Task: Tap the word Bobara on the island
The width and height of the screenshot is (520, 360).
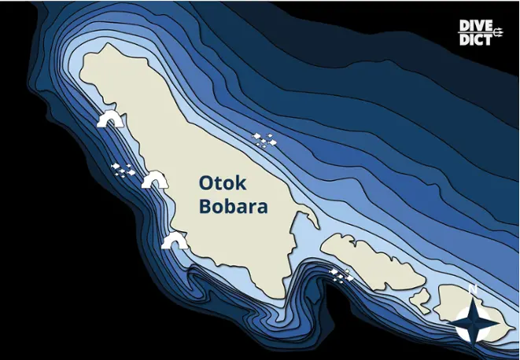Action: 233,208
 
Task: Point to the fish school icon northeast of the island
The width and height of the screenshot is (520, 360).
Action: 266,140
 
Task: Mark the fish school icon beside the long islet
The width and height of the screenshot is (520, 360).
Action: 340,274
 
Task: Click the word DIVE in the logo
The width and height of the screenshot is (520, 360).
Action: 476,26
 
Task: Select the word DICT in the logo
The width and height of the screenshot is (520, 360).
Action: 474,39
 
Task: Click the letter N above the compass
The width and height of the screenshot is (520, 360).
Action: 473,289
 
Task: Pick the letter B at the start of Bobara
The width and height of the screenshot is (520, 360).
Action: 205,208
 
